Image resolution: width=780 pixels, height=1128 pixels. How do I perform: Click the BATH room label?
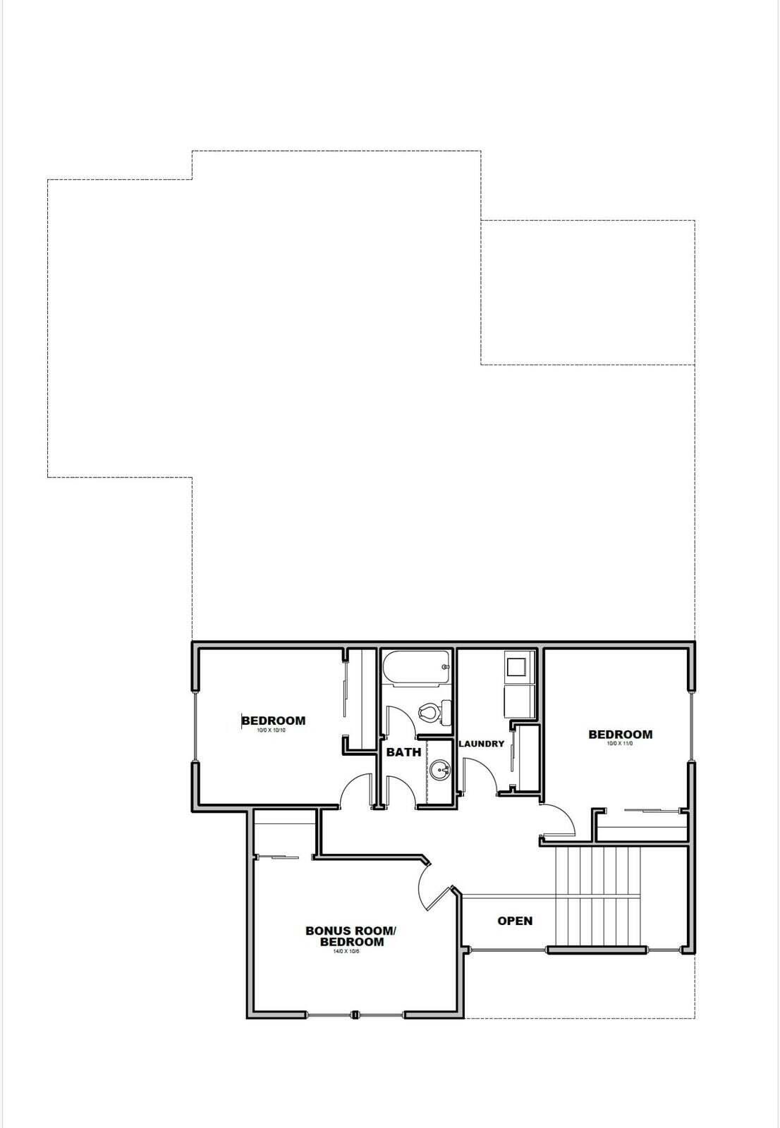point(403,752)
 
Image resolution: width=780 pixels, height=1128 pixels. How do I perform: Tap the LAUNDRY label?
point(482,744)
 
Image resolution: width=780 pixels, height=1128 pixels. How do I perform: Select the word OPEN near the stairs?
point(515,921)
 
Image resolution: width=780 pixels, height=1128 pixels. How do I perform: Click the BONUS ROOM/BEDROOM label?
point(351,936)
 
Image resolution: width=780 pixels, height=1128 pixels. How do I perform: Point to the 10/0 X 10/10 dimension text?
point(272,730)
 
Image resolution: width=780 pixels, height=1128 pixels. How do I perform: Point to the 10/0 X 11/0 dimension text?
point(620,743)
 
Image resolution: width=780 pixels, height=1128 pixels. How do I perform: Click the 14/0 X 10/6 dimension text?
point(346,952)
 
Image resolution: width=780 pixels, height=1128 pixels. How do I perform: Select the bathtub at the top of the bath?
point(415,668)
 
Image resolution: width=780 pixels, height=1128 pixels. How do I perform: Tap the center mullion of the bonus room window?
point(355,1015)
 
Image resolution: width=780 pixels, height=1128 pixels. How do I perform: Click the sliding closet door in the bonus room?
point(279,857)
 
